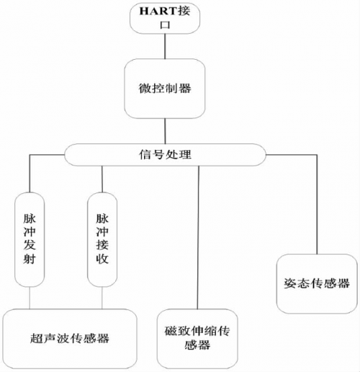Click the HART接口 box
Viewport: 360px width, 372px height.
(165, 18)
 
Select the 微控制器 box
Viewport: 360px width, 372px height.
(165, 89)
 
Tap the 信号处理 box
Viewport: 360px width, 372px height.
(165, 155)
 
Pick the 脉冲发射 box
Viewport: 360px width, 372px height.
(30, 239)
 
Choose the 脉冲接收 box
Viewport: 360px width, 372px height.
(102, 239)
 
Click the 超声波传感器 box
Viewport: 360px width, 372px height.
(70, 339)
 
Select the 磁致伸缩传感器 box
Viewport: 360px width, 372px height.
(197, 339)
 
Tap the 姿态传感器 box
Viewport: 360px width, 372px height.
(317, 284)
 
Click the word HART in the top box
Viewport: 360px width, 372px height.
(158, 11)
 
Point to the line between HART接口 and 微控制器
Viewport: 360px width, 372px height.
(165, 46)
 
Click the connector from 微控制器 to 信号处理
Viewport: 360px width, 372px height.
(165, 131)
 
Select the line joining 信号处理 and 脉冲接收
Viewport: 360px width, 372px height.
(102, 179)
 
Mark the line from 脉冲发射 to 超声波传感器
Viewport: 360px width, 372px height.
(30, 298)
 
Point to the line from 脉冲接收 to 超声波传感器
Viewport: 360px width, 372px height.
(102, 298)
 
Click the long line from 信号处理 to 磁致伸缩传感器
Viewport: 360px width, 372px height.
(198, 237)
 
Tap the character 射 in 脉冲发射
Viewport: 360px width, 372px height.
(30, 259)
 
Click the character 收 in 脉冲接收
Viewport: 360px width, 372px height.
(102, 259)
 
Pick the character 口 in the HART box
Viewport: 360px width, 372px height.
(165, 25)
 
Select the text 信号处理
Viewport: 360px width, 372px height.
(165, 154)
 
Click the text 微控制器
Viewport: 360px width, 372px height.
(165, 89)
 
